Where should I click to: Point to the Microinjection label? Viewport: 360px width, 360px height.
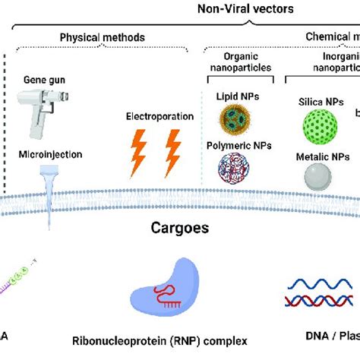pyautogui.click(x=48, y=155)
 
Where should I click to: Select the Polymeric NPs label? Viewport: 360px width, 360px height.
pyautogui.click(x=232, y=144)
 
